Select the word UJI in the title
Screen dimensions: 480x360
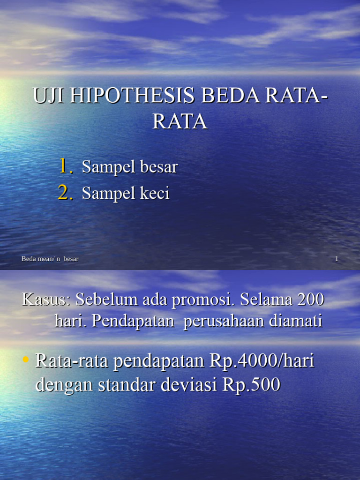pos(47,96)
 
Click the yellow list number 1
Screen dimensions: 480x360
pos(65,166)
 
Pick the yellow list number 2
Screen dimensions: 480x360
pos(65,193)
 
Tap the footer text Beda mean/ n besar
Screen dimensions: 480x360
pos(50,259)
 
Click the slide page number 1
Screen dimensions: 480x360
pos(337,259)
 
